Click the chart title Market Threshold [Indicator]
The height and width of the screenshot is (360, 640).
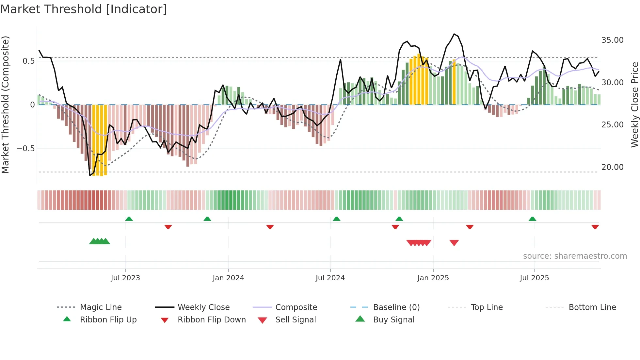[x=84, y=9]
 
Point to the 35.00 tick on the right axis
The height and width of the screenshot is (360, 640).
[x=612, y=40]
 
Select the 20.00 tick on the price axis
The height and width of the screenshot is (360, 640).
[x=612, y=167]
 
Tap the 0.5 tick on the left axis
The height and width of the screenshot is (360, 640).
[x=28, y=61]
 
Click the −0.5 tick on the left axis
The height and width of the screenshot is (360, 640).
[x=25, y=149]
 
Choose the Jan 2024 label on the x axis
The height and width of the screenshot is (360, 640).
[x=228, y=278]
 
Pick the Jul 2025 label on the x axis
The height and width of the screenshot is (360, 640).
[x=534, y=278]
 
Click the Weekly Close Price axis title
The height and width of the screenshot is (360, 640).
[x=634, y=105]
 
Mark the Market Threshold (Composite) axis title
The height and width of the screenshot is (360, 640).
[x=5, y=105]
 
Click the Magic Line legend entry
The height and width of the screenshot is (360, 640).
[x=101, y=307]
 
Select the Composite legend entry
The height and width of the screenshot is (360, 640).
[x=296, y=307]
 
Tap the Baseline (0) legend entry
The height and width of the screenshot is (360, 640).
[x=396, y=307]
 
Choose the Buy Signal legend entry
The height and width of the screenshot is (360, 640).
[x=393, y=320]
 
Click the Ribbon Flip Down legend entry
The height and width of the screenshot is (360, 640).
[x=212, y=320]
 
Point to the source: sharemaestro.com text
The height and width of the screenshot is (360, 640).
[x=575, y=256]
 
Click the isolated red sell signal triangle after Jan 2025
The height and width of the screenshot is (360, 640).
[x=454, y=243]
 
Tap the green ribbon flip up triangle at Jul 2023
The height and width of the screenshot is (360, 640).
[x=129, y=219]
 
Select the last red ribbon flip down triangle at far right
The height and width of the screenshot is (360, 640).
[x=595, y=227]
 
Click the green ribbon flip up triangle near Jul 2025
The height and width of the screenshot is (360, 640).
[x=532, y=219]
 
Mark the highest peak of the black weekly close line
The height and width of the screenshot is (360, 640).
[x=454, y=34]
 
